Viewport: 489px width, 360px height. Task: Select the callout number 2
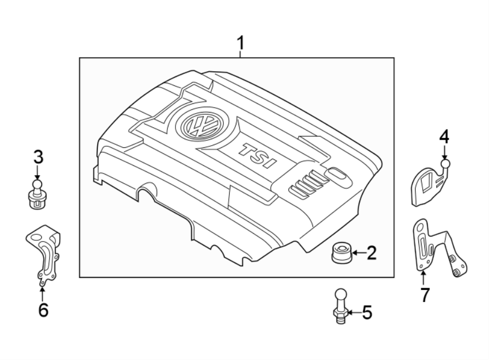371,253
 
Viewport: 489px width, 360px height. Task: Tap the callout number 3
37,158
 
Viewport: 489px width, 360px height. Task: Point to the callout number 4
444,137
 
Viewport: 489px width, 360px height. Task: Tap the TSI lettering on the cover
259,156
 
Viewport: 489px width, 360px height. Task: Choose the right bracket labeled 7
437,249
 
